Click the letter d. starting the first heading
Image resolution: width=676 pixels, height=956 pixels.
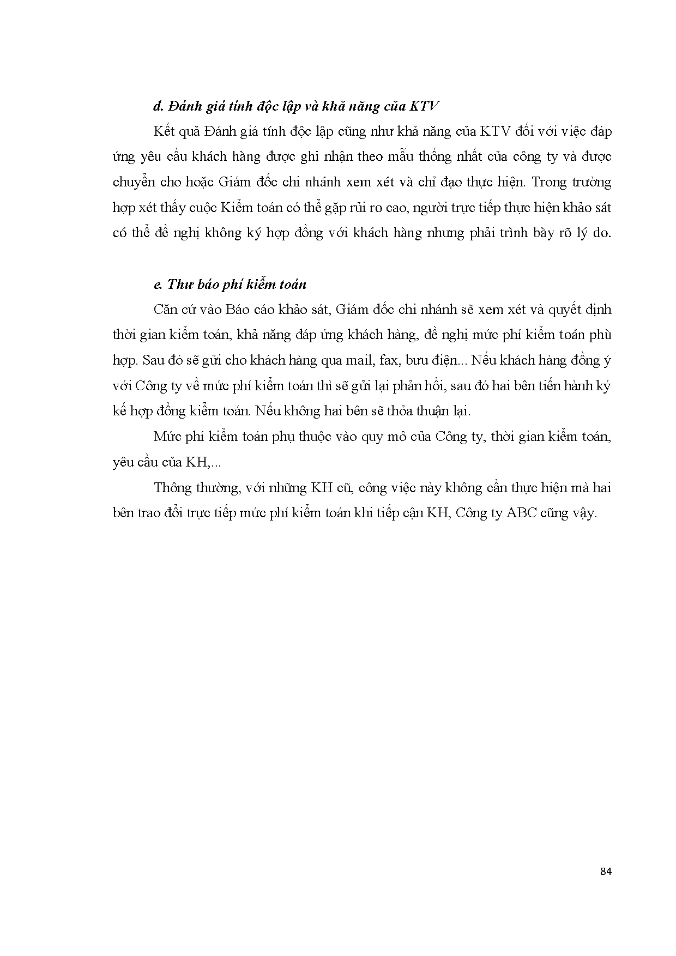tap(158, 106)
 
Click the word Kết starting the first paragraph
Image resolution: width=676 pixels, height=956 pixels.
tap(164, 131)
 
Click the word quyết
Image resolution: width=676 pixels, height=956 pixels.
tap(564, 310)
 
